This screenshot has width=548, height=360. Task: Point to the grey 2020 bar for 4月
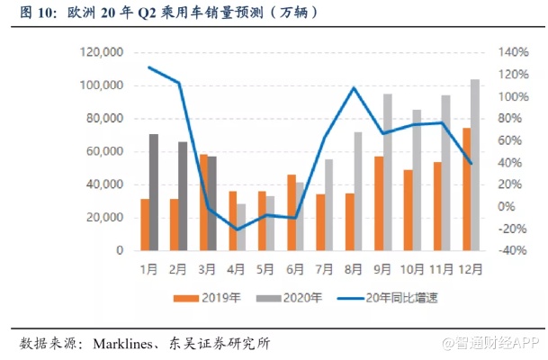(241, 227)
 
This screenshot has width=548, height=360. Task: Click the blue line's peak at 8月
(354, 88)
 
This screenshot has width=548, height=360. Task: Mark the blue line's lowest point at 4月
(238, 229)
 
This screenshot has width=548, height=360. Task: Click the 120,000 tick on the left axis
(102, 53)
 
